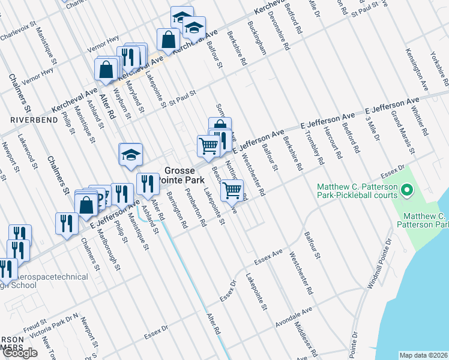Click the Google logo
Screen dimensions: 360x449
coord(20,353)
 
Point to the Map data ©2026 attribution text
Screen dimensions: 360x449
coord(423,355)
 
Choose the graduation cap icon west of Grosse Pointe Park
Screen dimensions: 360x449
coord(130,155)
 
